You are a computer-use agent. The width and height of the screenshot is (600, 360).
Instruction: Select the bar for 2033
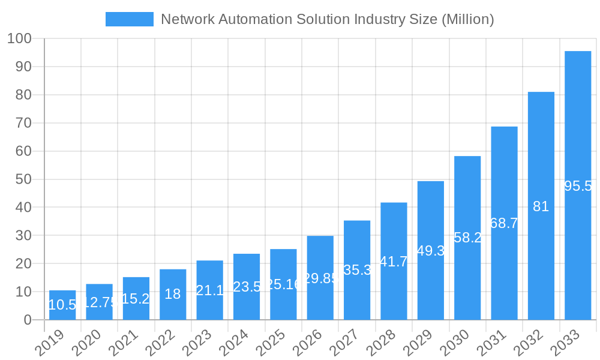point(578,185)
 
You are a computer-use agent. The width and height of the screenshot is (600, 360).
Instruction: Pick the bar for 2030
point(467,238)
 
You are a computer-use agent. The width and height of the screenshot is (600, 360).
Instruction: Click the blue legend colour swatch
point(129,19)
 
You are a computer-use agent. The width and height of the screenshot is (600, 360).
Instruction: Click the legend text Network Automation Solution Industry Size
point(328,19)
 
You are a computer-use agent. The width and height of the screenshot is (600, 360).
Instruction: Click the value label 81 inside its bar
point(541,206)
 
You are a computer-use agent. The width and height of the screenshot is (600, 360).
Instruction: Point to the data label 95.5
point(578,186)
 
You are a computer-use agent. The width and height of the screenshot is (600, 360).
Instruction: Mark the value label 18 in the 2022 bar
point(173,294)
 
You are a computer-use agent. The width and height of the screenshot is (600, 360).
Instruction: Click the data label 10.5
point(62,305)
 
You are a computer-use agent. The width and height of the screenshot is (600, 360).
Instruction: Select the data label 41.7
point(394,262)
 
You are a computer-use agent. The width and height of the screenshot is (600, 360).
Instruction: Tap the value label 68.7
point(504,223)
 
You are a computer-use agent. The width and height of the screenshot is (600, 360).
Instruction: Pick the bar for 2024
point(247,287)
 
